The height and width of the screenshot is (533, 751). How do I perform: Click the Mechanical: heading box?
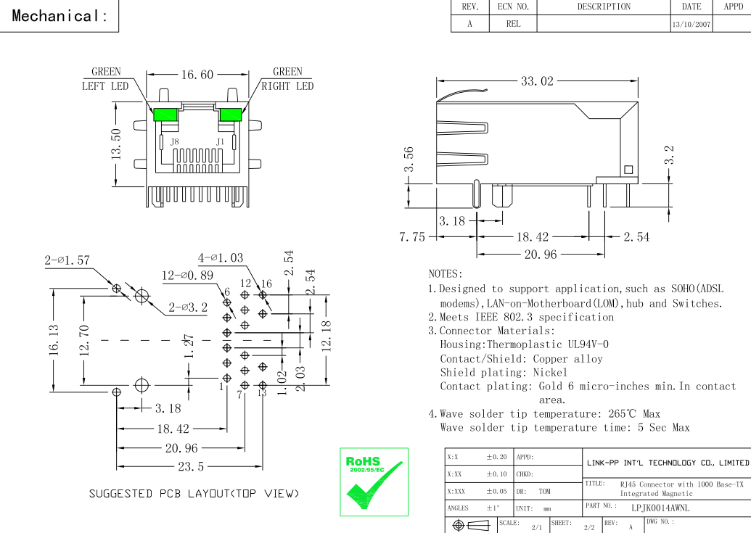pos(59,17)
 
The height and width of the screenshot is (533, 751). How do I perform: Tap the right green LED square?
pos(231,115)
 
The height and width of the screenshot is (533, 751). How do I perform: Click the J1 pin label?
pos(220,142)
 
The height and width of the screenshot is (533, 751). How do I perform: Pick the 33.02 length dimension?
pos(537,80)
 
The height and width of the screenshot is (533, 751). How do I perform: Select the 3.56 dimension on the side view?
pos(409,160)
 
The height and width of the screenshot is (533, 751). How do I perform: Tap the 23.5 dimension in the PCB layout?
pos(187,466)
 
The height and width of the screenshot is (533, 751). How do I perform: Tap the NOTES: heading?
pos(446,274)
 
